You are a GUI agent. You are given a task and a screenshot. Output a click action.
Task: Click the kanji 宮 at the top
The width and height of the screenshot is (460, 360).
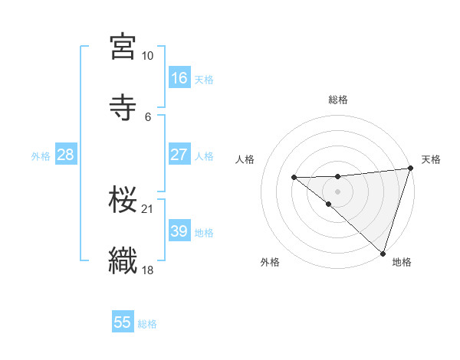tap(123, 47)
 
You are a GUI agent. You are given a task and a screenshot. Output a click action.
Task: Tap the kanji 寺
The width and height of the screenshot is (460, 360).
tap(123, 107)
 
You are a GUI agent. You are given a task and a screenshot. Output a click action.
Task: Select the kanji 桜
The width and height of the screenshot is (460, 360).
tap(123, 201)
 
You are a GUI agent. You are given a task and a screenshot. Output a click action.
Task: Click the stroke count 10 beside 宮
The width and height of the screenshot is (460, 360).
tap(147, 56)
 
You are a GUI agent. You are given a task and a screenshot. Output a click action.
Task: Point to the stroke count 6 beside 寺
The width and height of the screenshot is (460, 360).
tap(147, 116)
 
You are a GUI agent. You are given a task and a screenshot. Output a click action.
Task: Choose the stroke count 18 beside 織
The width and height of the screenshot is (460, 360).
tap(147, 270)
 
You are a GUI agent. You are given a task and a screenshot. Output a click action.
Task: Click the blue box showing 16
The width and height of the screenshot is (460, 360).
tap(179, 78)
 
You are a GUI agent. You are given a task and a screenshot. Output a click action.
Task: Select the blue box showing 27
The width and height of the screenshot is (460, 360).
tap(179, 155)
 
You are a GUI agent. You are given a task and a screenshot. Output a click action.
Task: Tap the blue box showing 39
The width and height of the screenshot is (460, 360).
tap(179, 231)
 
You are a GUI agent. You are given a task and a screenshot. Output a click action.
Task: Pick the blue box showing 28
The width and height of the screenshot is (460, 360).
tap(65, 155)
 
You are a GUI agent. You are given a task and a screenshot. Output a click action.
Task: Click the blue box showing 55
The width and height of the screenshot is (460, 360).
tap(123, 322)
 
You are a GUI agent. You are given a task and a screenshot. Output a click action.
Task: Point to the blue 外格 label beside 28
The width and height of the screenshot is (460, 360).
tap(41, 155)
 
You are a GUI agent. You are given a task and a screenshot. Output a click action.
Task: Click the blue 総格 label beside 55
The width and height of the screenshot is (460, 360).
tap(147, 324)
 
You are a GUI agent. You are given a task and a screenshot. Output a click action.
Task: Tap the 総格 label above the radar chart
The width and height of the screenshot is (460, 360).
tap(338, 100)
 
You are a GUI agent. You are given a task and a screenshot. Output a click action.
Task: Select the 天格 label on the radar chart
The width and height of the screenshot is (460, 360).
tap(431, 159)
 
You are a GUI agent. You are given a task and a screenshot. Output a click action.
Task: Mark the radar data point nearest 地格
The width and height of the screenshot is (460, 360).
tap(383, 253)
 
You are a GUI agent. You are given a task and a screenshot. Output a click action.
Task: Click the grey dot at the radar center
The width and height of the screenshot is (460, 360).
tap(338, 191)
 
